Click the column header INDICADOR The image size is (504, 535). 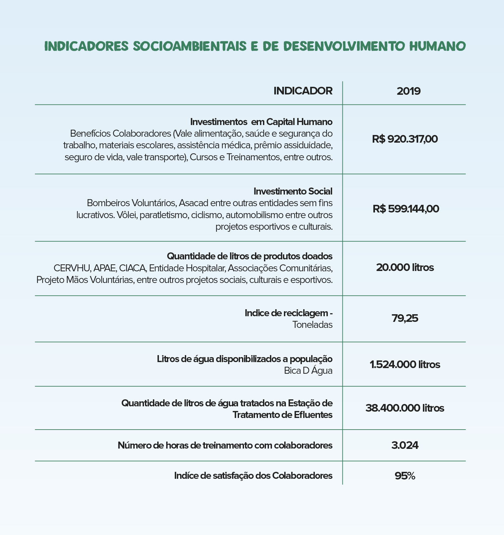(x=303, y=91)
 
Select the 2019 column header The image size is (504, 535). (x=409, y=91)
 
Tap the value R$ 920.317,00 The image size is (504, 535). (x=405, y=139)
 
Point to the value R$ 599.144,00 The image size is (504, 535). (x=406, y=209)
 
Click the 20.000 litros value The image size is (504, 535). (x=405, y=267)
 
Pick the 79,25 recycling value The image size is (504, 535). (x=405, y=319)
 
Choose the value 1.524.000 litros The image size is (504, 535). (x=405, y=364)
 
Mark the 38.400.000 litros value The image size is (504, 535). (x=405, y=408)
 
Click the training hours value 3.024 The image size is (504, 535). (x=405, y=445)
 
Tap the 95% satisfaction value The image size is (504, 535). (x=405, y=476)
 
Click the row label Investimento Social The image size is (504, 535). (x=293, y=191)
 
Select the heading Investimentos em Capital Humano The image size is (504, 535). (x=261, y=122)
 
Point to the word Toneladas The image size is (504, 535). (x=312, y=325)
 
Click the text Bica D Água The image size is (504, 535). (x=308, y=370)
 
